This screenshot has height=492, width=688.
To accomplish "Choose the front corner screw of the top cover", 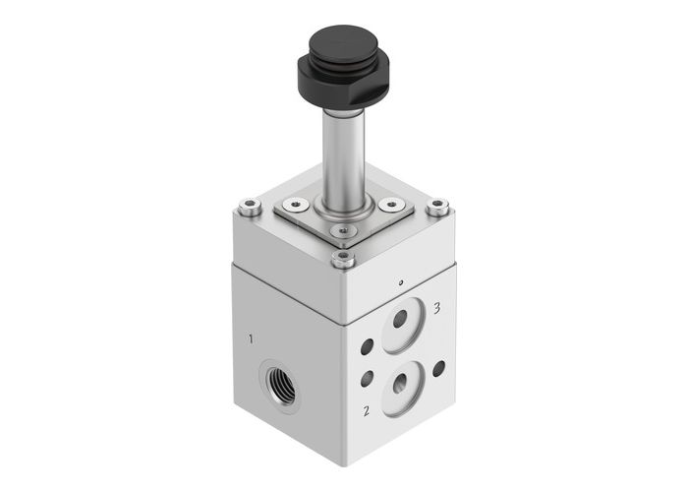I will (342, 260).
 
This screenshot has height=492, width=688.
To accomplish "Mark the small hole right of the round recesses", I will (438, 367).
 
